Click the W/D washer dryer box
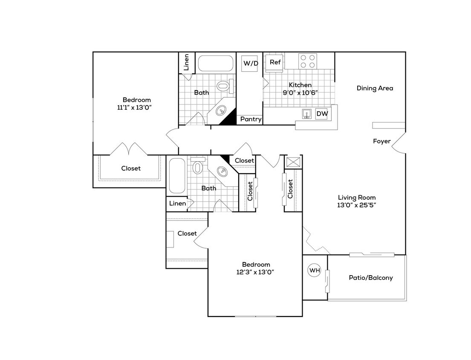click(x=251, y=64)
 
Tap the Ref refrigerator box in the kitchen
click(x=275, y=62)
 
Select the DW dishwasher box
click(x=321, y=114)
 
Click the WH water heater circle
click(x=314, y=270)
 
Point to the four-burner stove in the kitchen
click(x=307, y=61)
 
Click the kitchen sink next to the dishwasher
click(x=306, y=114)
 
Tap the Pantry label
click(x=251, y=119)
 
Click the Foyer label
click(x=381, y=141)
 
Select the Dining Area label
click(x=375, y=88)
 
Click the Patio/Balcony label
click(x=370, y=278)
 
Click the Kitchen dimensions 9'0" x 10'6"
click(x=301, y=93)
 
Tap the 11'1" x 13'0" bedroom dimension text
click(x=135, y=107)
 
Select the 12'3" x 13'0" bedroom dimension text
click(x=256, y=272)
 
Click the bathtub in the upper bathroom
click(x=216, y=64)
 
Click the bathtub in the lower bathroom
click(x=176, y=175)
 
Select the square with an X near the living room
click(x=294, y=162)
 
